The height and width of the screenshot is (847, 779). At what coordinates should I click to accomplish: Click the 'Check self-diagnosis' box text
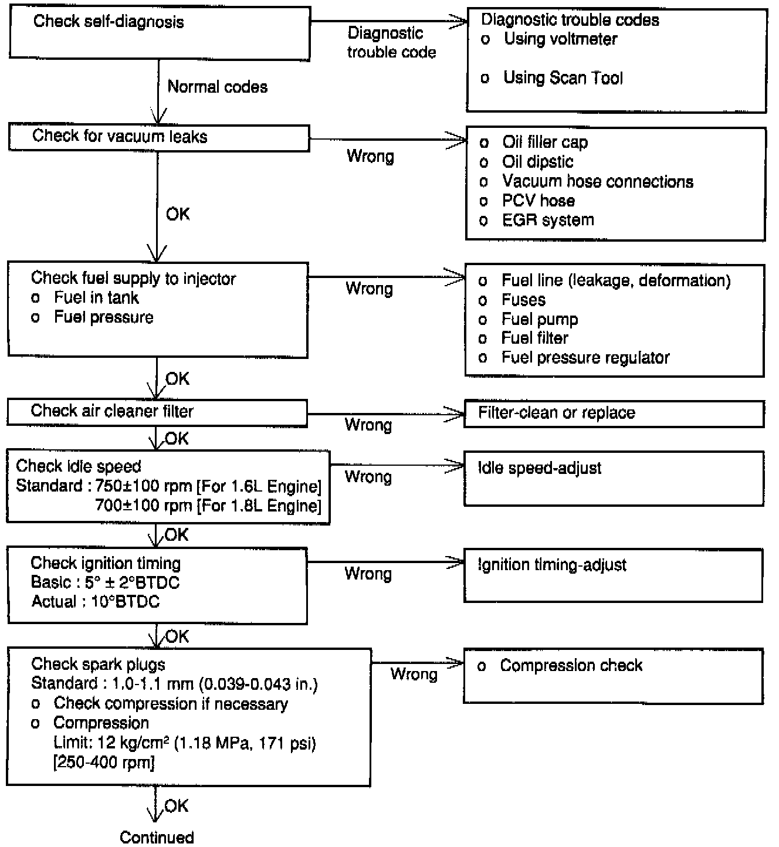pos(109,22)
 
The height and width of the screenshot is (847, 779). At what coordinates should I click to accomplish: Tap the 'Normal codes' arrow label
pos(217,87)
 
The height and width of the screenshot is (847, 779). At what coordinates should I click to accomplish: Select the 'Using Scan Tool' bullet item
pos(563,78)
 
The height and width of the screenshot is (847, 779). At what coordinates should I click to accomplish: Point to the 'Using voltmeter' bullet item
pos(560,39)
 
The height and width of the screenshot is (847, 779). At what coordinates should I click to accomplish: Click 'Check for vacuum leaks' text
pos(120,137)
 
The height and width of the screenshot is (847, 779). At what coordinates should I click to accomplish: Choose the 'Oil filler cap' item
pos(545,143)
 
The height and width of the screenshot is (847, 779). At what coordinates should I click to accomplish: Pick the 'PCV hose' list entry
pos(538,201)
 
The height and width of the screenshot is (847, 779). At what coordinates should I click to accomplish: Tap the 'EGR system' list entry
pos(548,220)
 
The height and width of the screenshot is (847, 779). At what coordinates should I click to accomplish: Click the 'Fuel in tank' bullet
pos(96,298)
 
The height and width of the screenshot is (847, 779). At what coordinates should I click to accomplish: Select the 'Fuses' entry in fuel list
pos(523,300)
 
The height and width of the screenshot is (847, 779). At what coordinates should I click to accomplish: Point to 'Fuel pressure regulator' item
pos(585,358)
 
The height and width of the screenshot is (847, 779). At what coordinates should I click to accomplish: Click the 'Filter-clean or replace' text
pos(556,413)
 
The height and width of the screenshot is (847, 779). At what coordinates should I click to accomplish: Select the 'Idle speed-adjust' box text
pos(540,468)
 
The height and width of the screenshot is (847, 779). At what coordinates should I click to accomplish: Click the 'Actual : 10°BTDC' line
pos(95,602)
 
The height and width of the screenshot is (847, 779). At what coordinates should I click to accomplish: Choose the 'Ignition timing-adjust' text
pos(552,565)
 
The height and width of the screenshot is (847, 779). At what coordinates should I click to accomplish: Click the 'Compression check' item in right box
pos(571,666)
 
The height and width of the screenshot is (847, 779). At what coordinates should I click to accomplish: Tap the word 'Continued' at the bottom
pos(157,837)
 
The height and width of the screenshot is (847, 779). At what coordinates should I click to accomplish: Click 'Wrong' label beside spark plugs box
pos(414,675)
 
